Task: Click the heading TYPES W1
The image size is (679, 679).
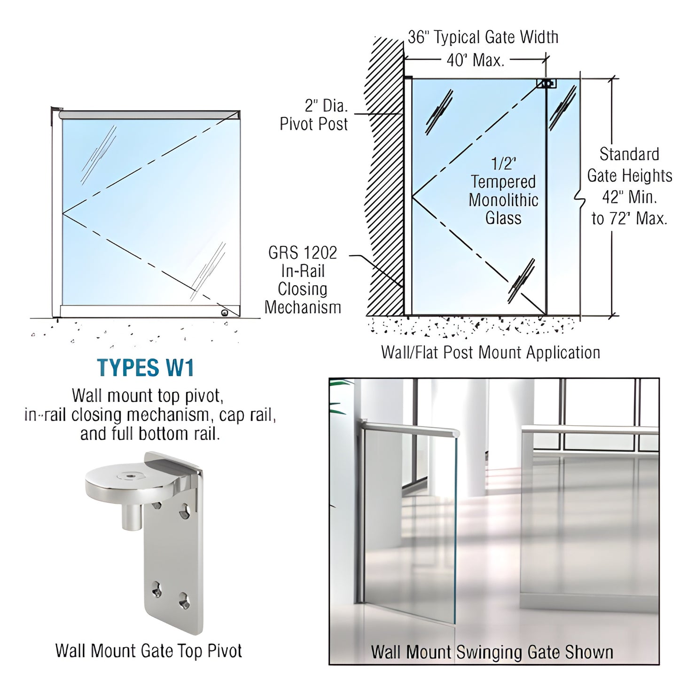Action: point(145,368)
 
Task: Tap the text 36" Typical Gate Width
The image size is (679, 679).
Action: point(483,38)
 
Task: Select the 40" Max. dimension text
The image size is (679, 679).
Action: point(475,60)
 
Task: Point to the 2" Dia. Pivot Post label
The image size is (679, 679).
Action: point(314,115)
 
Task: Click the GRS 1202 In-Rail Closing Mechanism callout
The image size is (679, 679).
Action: point(303,280)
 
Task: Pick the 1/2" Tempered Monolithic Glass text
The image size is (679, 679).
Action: point(503,191)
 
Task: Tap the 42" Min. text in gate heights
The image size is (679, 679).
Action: point(629,197)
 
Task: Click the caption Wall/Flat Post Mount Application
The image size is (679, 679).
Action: point(490,352)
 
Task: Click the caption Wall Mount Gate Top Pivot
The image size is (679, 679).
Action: point(148,651)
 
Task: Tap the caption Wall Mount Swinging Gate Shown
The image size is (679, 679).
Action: point(492,653)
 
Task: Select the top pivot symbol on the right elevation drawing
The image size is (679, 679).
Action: point(546,84)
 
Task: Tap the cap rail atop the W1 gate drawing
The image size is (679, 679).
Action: point(149,115)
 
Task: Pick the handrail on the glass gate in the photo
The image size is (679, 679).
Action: point(409,428)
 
